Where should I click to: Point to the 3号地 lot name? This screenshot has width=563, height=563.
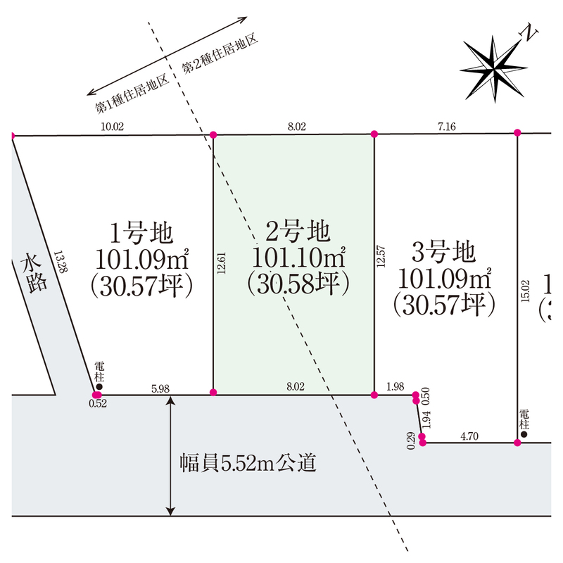(x=443, y=251)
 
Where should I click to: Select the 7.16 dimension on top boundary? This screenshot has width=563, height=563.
(x=447, y=127)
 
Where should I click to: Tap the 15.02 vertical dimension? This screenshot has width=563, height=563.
(x=524, y=290)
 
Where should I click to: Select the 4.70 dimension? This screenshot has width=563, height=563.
(x=469, y=436)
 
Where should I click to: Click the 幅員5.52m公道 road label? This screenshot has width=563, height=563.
(x=248, y=463)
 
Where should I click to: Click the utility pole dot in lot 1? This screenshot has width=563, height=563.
(x=99, y=386)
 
